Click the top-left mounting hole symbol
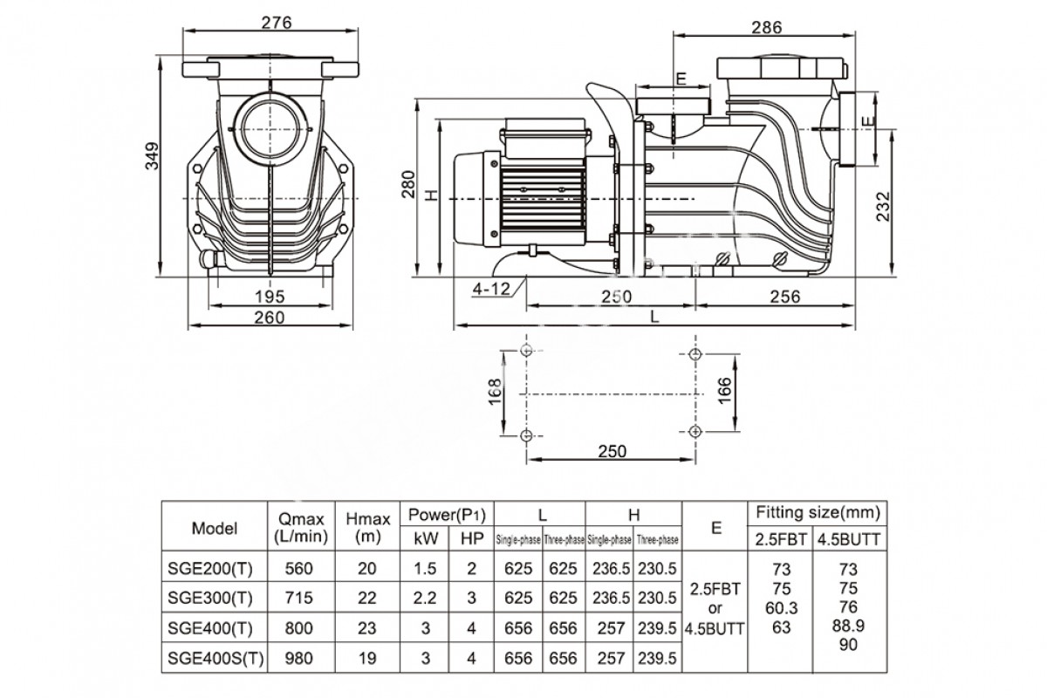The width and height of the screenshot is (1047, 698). pyautogui.click(x=525, y=351)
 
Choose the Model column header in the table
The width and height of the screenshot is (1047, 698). pyautogui.click(x=215, y=528)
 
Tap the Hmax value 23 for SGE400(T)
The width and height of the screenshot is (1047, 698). pyautogui.click(x=367, y=628)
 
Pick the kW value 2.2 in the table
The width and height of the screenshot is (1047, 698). pyautogui.click(x=425, y=598)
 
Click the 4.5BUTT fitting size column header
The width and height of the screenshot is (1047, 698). pyautogui.click(x=847, y=538)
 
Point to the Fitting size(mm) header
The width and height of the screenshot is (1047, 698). pyautogui.click(x=817, y=512)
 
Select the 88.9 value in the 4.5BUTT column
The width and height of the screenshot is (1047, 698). pyautogui.click(x=847, y=626)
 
